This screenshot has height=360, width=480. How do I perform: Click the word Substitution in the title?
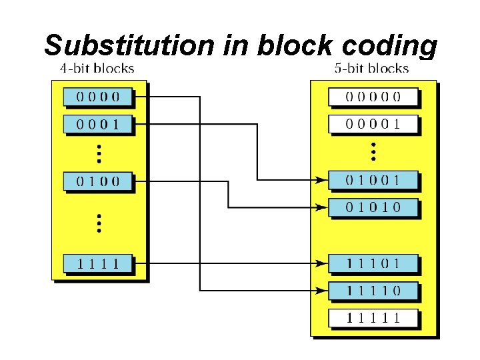coord(129,45)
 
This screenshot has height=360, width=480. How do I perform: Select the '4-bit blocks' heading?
coord(97,68)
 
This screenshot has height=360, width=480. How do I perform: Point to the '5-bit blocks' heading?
coord(371,68)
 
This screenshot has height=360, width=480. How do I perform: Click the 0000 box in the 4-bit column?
coord(98,96)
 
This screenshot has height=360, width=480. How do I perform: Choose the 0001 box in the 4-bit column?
coord(98,123)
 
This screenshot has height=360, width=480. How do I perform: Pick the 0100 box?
coord(98,181)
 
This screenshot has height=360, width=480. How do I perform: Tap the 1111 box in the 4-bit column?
coord(98,263)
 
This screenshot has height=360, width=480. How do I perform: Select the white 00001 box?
coord(373,123)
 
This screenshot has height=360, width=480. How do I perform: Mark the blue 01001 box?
coord(373,179)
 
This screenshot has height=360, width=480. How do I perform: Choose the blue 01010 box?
coord(373,207)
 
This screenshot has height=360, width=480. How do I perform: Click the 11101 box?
coord(373,263)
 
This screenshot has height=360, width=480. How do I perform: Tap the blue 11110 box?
coord(373,291)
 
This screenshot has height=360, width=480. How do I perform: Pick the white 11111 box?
coord(373,318)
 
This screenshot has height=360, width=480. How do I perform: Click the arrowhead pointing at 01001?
coord(321,179)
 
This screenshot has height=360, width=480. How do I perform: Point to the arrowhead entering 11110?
coord(321,291)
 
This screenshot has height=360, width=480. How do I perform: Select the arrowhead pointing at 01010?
coord(321,207)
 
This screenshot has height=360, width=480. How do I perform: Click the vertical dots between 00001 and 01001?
coord(373,151)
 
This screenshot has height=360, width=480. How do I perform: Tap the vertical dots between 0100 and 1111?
coord(98,223)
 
